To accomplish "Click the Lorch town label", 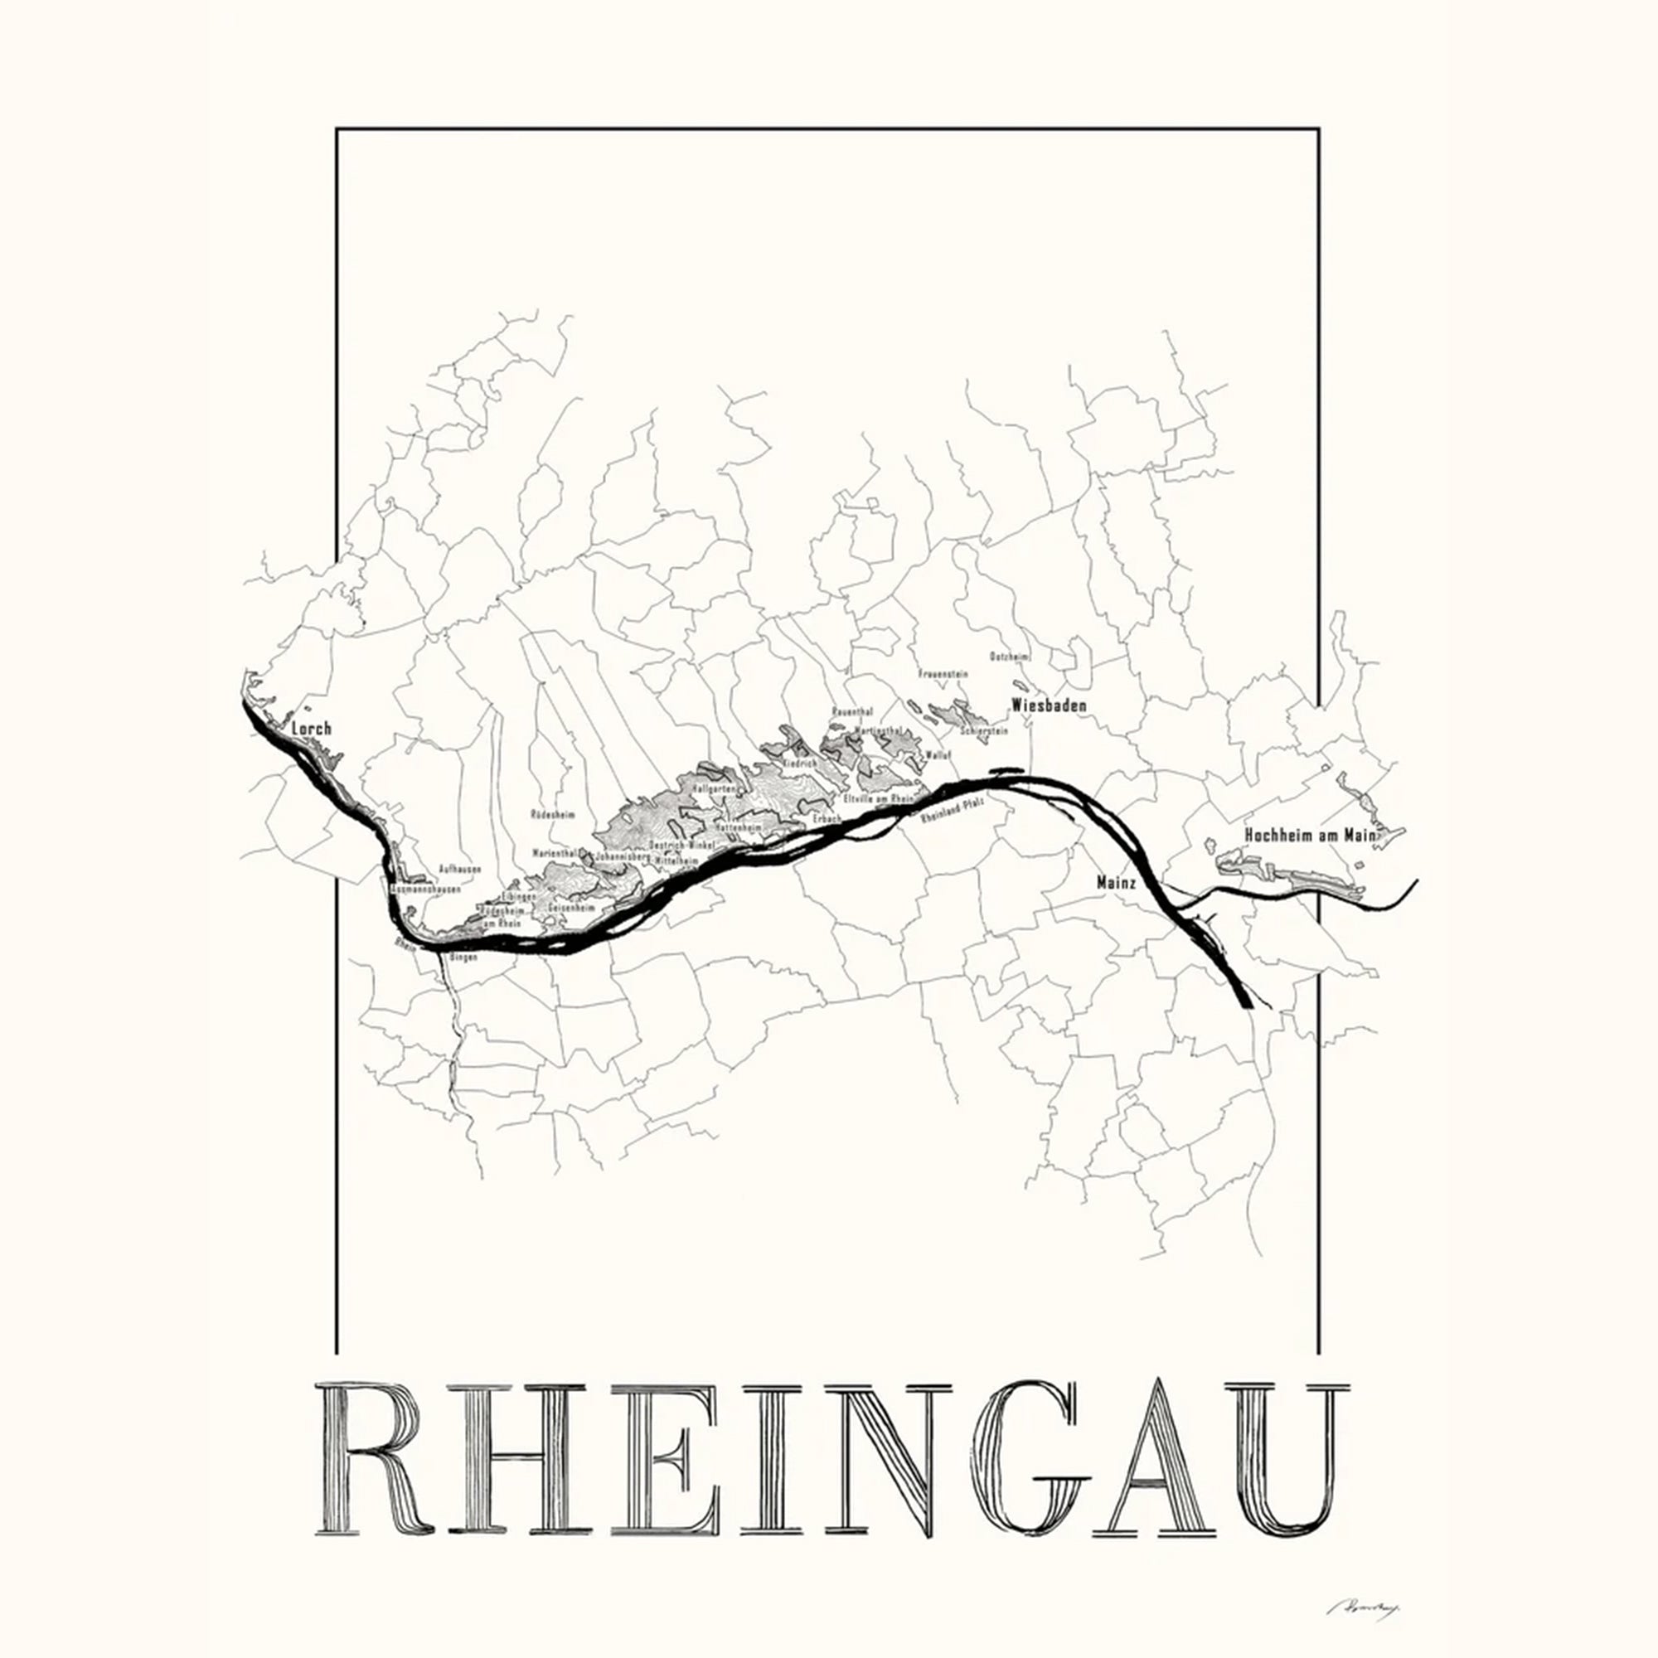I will click(x=312, y=729).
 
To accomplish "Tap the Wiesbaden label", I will click(x=1049, y=705).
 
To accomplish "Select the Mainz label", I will click(x=1117, y=882).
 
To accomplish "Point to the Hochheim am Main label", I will click(x=1310, y=835).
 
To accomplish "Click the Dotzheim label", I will click(x=1009, y=657).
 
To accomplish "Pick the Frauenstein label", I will click(x=943, y=675).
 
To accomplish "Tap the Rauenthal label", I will click(x=852, y=712).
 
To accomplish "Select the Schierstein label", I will click(x=983, y=732).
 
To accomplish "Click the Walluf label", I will click(x=939, y=755).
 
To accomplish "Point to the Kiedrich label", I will click(x=802, y=762).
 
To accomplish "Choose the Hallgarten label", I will click(x=713, y=787).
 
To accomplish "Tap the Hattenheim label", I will click(x=738, y=827).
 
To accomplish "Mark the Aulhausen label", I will click(x=459, y=870).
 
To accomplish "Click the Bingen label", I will click(x=463, y=957).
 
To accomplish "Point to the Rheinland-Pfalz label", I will click(x=951, y=810).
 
